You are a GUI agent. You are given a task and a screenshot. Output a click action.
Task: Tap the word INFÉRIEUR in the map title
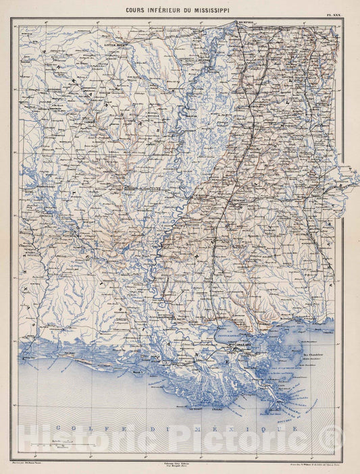pyautogui.click(x=167, y=10)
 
